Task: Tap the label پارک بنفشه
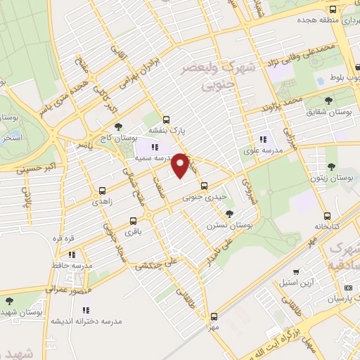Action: pos(166,131)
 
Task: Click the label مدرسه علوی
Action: pos(262,150)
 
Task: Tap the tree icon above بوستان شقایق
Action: pos(330,101)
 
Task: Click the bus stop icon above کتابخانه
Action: pos(327,217)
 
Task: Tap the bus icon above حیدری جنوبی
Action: pos(204,186)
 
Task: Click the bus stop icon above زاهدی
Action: pos(103,190)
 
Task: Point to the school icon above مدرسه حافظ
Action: pos(72,255)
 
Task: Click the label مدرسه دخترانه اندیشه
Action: pos(86,321)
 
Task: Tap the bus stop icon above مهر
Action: pos(214,316)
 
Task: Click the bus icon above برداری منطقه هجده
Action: pos(333,8)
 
